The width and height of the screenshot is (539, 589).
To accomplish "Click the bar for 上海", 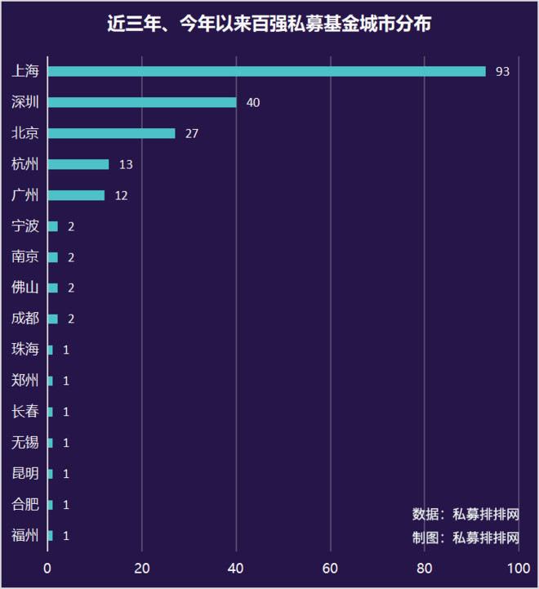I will pyautogui.click(x=266, y=71).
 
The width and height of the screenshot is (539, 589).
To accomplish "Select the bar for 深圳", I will pyautogui.click(x=142, y=102).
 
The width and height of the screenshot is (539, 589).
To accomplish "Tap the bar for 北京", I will pyautogui.click(x=111, y=133).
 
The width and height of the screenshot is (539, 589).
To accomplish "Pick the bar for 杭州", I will pyautogui.click(x=78, y=164).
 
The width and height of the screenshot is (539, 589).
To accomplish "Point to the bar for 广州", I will pyautogui.click(x=76, y=195).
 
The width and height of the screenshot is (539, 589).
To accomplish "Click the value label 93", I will pyautogui.click(x=502, y=72).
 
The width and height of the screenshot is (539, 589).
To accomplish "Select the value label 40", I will pyautogui.click(x=252, y=103).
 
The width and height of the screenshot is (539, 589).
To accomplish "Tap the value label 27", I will pyautogui.click(x=192, y=134).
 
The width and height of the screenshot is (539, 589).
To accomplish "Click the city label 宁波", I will pyautogui.click(x=25, y=226).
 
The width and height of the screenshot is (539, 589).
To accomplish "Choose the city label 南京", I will pyautogui.click(x=25, y=257).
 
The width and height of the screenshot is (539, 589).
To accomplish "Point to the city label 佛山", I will pyautogui.click(x=25, y=288).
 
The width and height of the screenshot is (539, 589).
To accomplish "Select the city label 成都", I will pyautogui.click(x=25, y=319).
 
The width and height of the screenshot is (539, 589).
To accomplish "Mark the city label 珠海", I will pyautogui.click(x=25, y=350).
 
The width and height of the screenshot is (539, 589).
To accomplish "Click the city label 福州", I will pyautogui.click(x=25, y=536).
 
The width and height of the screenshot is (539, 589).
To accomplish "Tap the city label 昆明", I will pyautogui.click(x=25, y=474).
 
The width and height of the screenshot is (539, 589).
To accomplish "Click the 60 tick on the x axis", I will pyautogui.click(x=331, y=568).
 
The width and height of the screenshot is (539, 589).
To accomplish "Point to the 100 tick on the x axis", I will pyautogui.click(x=519, y=568).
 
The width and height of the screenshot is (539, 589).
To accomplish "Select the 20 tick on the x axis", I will pyautogui.click(x=142, y=568).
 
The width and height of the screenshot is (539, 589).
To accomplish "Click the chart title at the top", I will pyautogui.click(x=269, y=24).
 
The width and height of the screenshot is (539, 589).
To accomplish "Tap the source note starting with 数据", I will pyautogui.click(x=465, y=515).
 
